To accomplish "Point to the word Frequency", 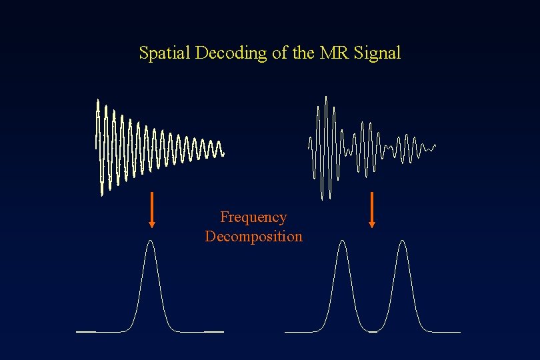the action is [x=253, y=217].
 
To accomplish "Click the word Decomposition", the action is [x=253, y=237].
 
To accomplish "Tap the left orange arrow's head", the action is [x=152, y=223].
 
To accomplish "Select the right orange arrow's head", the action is [x=372, y=223].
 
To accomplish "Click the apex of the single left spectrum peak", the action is [x=151, y=241].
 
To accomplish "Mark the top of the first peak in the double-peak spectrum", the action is [x=343, y=241].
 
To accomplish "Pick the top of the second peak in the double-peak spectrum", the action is [x=402, y=241].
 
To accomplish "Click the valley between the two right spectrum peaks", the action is [x=372, y=330].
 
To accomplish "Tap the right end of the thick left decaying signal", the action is [x=224, y=154].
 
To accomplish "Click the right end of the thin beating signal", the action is [x=435, y=145].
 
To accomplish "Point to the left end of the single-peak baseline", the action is [x=77, y=331].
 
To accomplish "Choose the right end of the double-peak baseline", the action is [x=459, y=331].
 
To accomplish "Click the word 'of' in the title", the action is [x=279, y=53].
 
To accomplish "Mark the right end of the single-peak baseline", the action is [x=223, y=331].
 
